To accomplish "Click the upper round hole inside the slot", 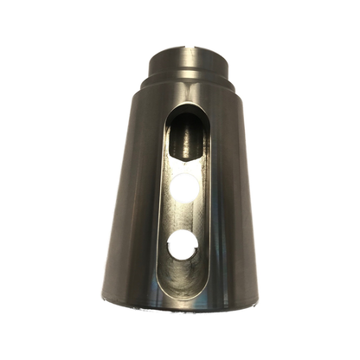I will pyautogui.click(x=185, y=188).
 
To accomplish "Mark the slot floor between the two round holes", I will pyautogui.click(x=183, y=216).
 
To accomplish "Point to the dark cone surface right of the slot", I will pyautogui.click(x=229, y=208).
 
